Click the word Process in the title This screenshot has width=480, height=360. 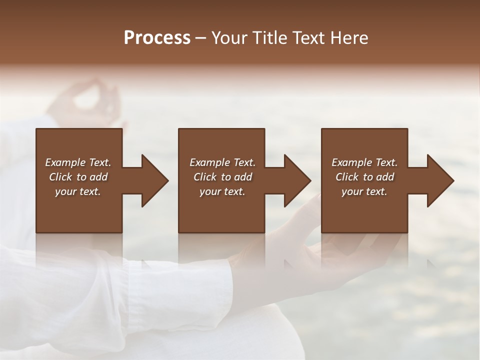coord(157,38)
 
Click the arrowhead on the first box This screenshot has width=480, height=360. coord(152,180)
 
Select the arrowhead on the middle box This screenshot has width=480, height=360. coord(295,180)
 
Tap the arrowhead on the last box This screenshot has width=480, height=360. coord(438,180)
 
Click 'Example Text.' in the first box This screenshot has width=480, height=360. coord(78,162)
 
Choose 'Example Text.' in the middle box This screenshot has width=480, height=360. coord(222,162)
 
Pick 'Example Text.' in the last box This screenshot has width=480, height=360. coord(364,162)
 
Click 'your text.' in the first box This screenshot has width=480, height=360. coord(78,191)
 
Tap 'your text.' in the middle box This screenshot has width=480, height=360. coord(222,191)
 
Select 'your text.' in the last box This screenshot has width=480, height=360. coord(364,191)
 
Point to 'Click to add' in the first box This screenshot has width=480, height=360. coord(78,177)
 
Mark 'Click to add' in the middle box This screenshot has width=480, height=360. coord(222,177)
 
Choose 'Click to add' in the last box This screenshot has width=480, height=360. coord(364,177)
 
